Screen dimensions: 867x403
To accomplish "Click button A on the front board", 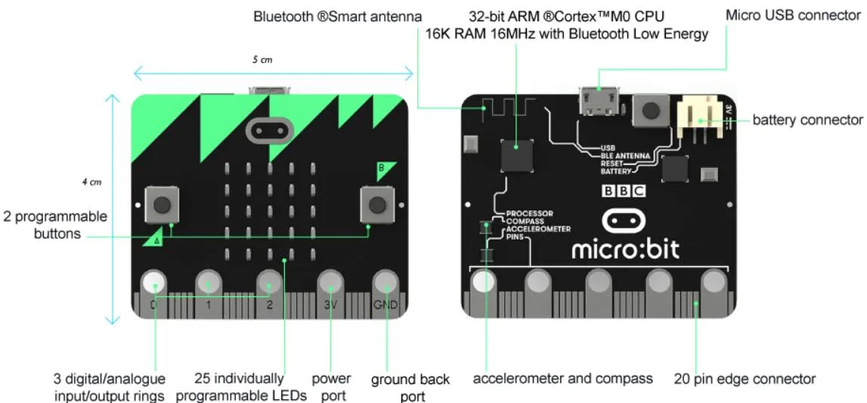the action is tap(162, 205).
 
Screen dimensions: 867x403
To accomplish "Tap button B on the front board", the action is tap(378, 205).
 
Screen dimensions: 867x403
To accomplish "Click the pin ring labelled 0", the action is tap(153, 285).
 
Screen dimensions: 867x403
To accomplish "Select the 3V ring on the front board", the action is tap(330, 286).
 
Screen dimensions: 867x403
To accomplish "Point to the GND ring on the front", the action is tap(386, 286).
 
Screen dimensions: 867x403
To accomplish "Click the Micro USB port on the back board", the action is tap(599, 102).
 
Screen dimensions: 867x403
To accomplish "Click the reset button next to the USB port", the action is tap(647, 108).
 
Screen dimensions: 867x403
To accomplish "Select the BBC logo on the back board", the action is tap(624, 191).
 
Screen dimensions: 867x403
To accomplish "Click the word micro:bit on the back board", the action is tap(625, 250).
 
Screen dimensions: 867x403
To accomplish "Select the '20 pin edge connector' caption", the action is tap(745, 380).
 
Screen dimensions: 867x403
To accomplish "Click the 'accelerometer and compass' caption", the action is tap(563, 380).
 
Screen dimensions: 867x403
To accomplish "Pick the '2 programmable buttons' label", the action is tap(56, 225).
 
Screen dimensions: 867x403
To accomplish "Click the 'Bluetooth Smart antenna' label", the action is tap(337, 17).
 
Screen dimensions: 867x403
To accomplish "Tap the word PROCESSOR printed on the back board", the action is tap(530, 212).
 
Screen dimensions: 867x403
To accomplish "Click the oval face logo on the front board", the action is tap(268, 131).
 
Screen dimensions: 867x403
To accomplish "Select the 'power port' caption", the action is tap(331, 387).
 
